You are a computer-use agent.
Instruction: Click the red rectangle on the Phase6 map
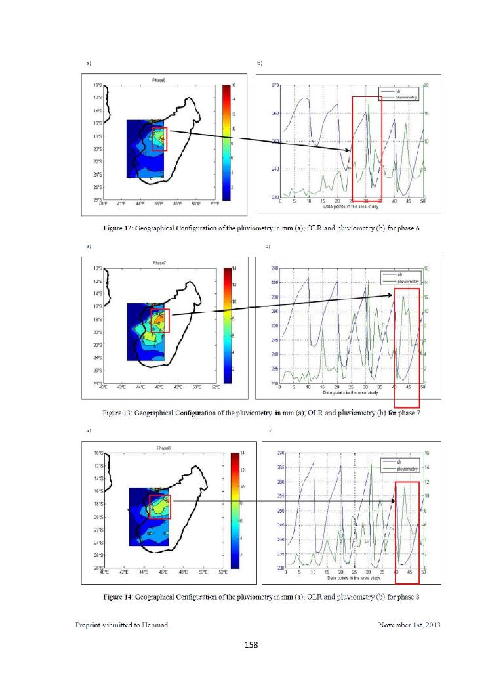[x=160, y=139]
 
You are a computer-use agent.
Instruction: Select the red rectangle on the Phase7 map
[x=161, y=321]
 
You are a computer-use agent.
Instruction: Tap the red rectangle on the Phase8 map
[x=160, y=507]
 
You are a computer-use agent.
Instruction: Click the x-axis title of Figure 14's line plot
[x=354, y=579]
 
